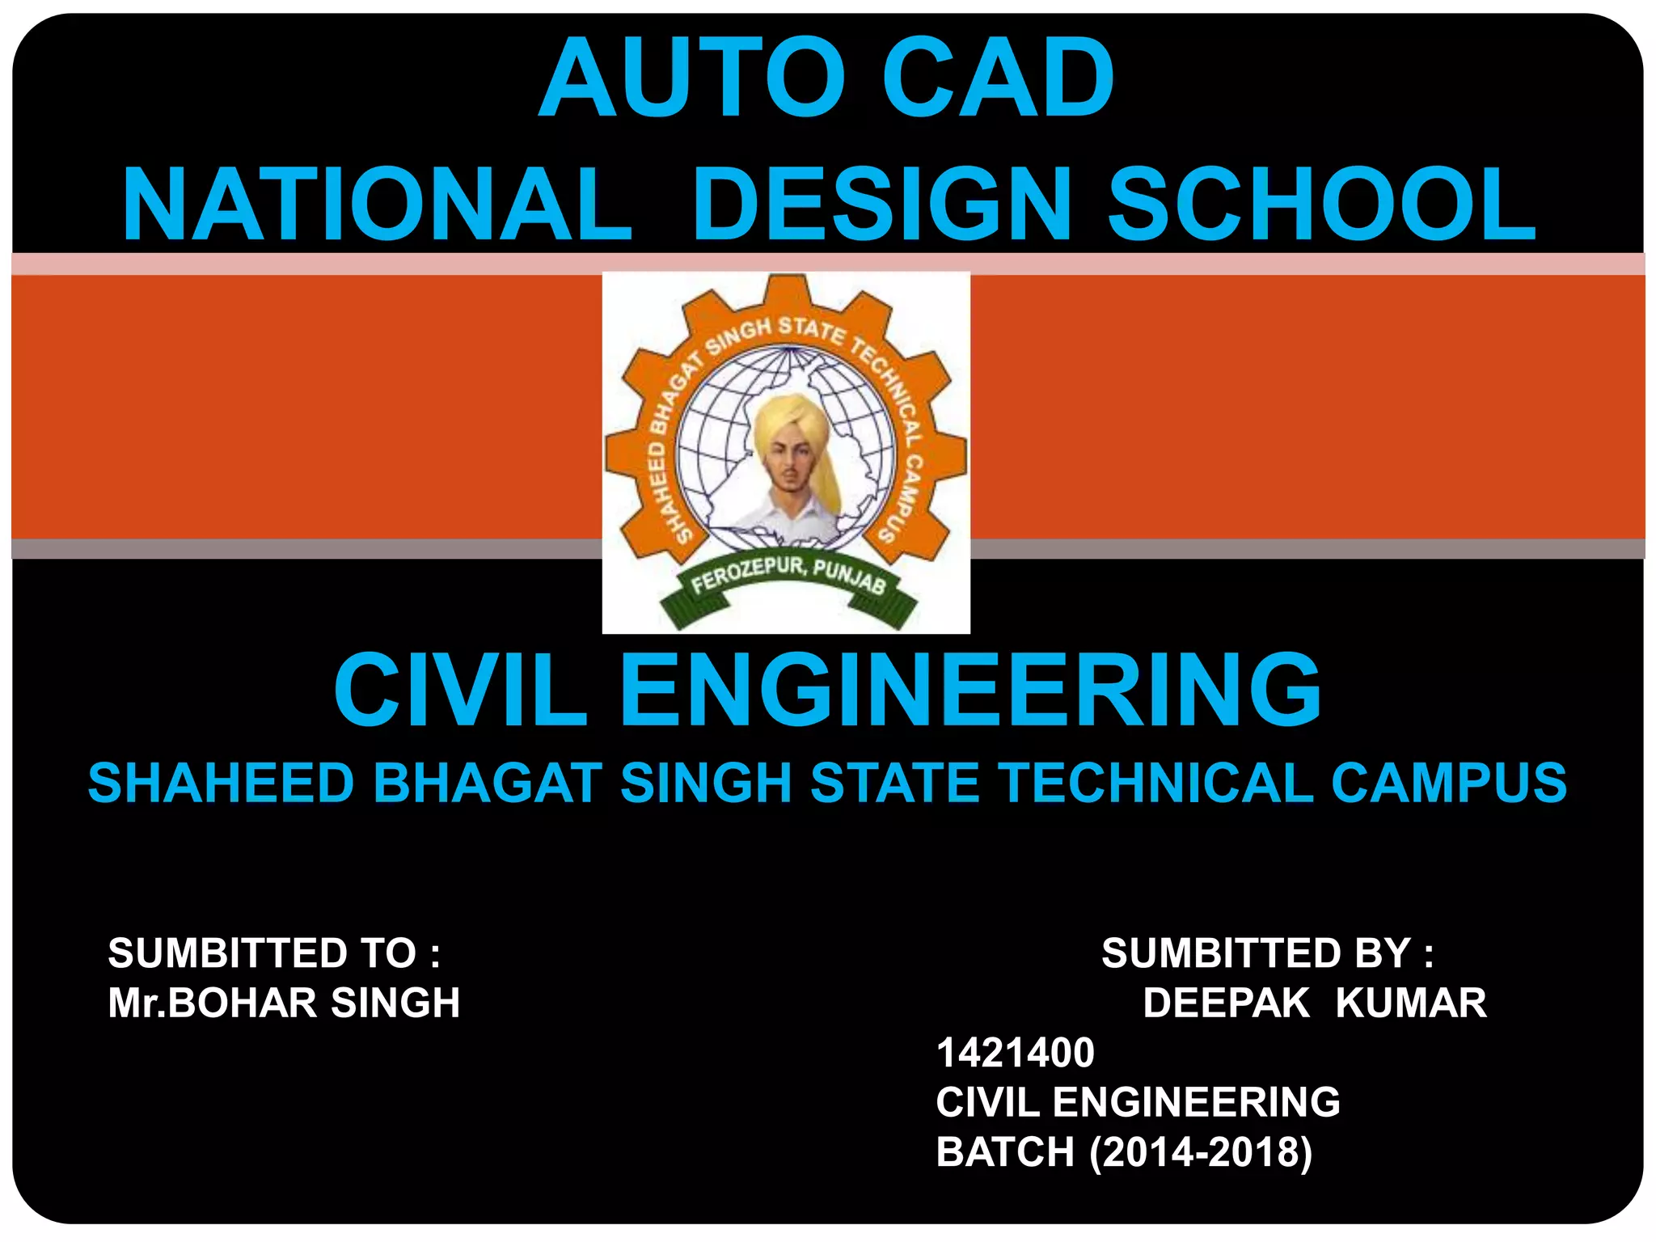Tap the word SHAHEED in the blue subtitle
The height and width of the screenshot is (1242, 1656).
221,783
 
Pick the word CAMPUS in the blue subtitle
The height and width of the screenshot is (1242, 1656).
1449,783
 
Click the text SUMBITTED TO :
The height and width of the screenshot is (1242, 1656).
274,953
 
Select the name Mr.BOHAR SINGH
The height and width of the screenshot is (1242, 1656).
284,1003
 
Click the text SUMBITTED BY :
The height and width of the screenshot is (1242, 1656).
1267,953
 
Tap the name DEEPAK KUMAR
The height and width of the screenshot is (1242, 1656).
1314,1003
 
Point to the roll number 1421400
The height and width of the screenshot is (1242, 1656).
1015,1053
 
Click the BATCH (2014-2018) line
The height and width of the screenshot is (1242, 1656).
1124,1152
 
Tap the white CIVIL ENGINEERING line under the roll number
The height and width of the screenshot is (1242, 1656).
1138,1102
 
